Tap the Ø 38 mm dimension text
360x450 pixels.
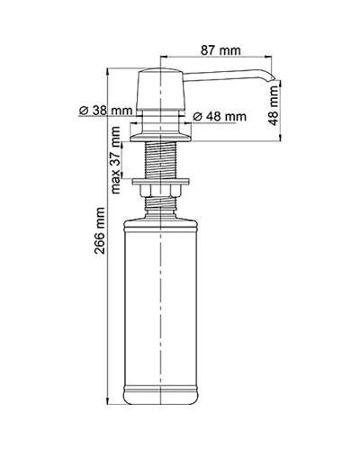(105, 110)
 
